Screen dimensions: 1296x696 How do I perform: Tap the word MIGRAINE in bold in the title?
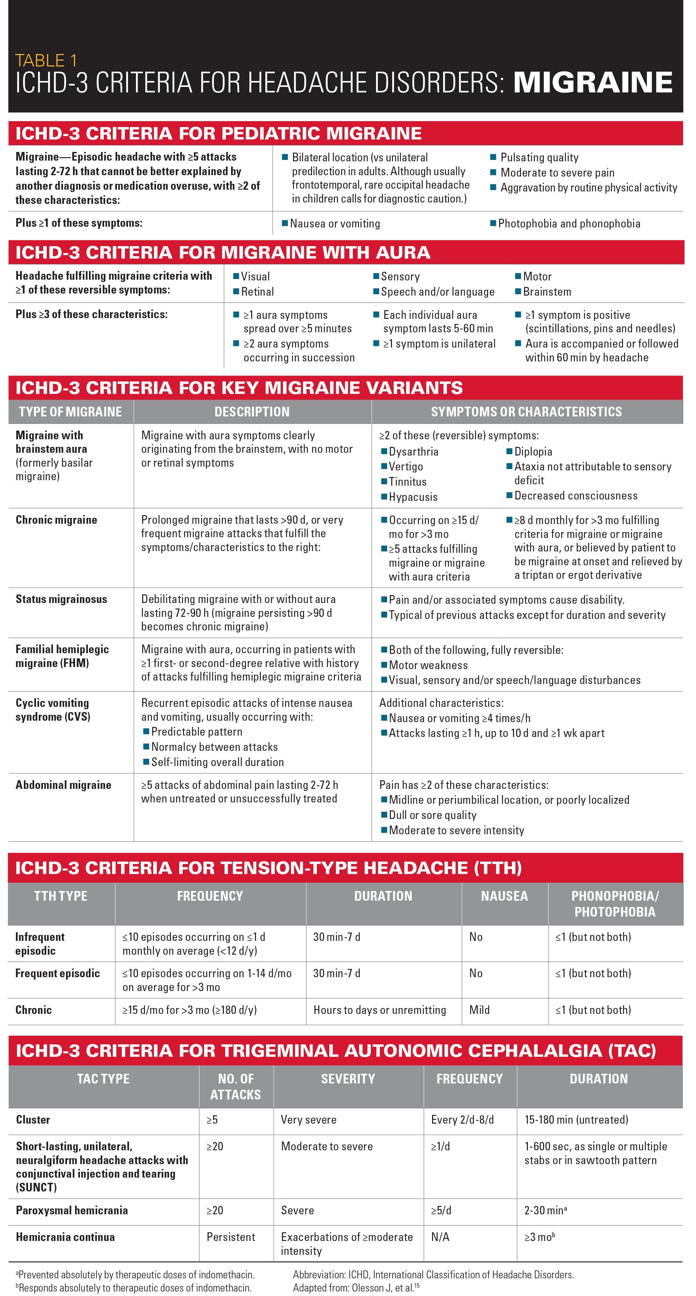pyautogui.click(x=593, y=82)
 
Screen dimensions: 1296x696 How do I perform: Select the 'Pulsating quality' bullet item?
pyautogui.click(x=539, y=157)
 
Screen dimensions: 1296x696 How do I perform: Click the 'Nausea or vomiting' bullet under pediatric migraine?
pyautogui.click(x=335, y=223)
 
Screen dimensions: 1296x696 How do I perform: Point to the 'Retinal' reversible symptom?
pyautogui.click(x=257, y=291)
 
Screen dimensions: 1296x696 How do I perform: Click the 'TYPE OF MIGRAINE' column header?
pyautogui.click(x=71, y=412)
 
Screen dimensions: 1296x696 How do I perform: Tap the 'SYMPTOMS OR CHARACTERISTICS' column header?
pyautogui.click(x=526, y=412)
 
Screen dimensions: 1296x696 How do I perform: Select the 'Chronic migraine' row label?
pyautogui.click(x=56, y=520)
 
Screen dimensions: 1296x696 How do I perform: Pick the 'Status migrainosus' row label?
pyautogui.click(x=61, y=599)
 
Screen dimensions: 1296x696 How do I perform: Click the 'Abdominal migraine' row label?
pyautogui.click(x=63, y=784)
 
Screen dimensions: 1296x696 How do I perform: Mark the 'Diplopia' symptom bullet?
pyautogui.click(x=533, y=451)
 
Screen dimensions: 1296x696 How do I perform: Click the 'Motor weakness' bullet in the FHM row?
pyautogui.click(x=428, y=665)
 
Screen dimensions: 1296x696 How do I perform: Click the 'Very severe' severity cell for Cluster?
pyautogui.click(x=308, y=1119)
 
